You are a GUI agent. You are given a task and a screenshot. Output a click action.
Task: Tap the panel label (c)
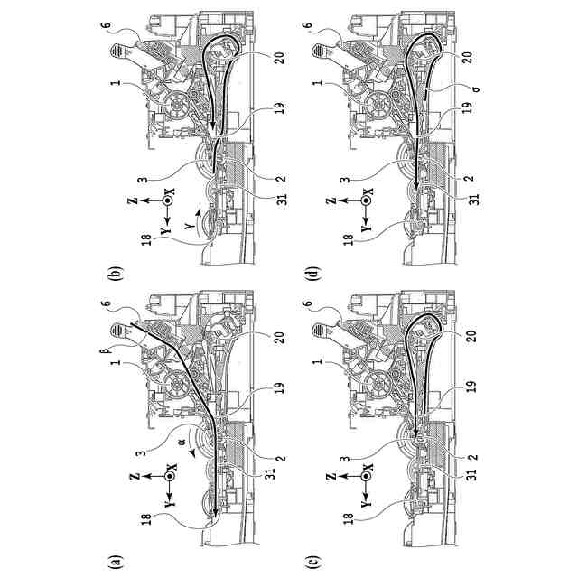(x=312, y=561)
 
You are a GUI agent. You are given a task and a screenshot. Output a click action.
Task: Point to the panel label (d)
(x=312, y=272)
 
